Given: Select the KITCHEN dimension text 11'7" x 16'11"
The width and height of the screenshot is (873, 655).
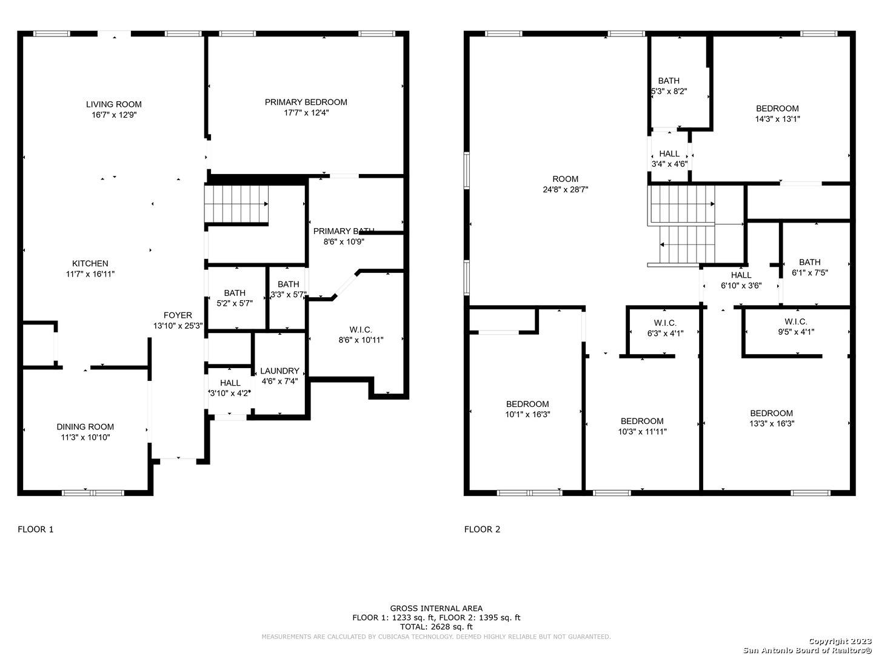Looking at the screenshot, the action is coord(90,274).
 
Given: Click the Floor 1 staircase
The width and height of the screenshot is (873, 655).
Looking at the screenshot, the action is coord(236,204).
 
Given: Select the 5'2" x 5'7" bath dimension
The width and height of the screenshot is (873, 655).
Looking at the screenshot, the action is coord(235,303).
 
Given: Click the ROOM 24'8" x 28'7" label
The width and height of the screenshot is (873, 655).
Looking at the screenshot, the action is coord(565,184).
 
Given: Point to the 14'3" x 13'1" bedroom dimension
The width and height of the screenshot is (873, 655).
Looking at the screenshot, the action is coord(777,119).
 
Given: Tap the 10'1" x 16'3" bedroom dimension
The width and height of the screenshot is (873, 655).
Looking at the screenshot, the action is coord(527,414).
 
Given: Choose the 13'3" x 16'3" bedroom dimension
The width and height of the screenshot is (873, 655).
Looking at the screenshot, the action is coord(772,423).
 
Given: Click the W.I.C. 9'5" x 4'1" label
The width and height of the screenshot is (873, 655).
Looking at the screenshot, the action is coord(796,326).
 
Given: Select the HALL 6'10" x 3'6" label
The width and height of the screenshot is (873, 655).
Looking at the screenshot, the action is coord(741,280).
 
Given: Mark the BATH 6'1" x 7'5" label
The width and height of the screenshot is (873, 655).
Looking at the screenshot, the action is coord(810,267).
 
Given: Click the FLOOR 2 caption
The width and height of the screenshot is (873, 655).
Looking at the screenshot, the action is coord(482,529).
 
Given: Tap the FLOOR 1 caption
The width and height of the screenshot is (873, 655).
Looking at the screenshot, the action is coord(35,529).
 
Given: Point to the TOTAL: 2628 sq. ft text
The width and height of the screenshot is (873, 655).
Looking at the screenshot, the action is coord(436,626).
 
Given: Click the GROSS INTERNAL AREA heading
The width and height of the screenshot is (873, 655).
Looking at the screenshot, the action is coord(436,608).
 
